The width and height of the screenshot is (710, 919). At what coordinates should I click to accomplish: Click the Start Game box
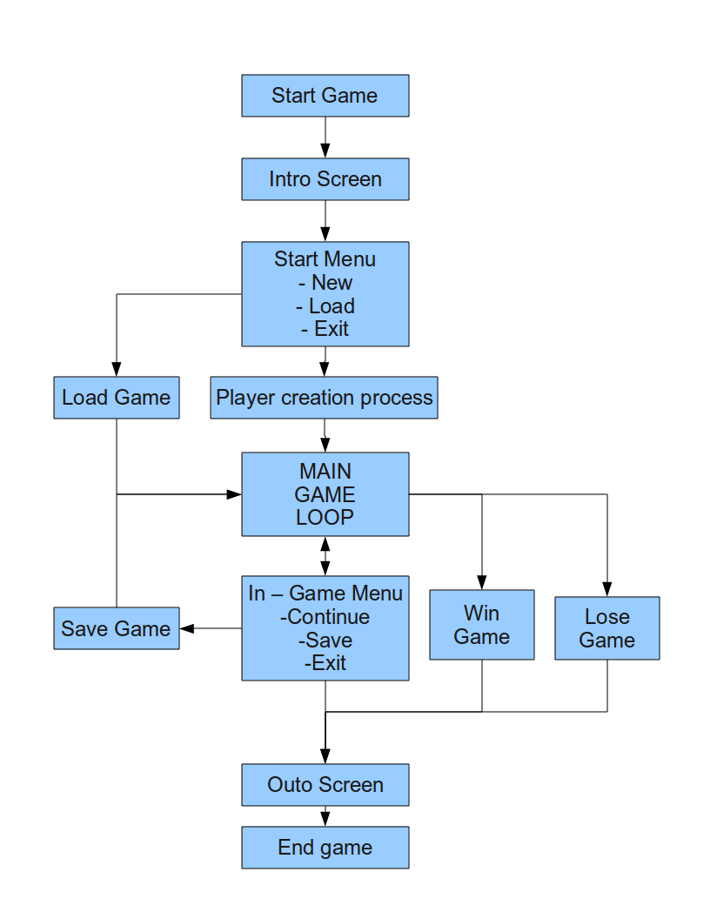click(325, 95)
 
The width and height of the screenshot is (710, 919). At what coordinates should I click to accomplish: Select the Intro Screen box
click(325, 179)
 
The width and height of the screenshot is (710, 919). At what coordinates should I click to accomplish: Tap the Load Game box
click(116, 398)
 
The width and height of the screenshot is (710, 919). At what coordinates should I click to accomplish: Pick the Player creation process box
click(325, 398)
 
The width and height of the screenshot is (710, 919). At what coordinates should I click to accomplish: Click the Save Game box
click(116, 628)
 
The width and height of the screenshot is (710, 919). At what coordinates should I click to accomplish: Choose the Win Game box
click(481, 625)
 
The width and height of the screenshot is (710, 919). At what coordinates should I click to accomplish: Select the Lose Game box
click(606, 628)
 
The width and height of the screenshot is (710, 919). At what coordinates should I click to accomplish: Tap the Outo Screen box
click(325, 784)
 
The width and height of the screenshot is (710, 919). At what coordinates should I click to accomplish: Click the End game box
click(325, 847)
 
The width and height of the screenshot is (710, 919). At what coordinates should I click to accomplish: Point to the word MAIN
click(325, 472)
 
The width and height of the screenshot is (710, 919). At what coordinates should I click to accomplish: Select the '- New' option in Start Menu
click(325, 282)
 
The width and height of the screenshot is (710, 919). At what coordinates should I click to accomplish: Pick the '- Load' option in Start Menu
click(325, 305)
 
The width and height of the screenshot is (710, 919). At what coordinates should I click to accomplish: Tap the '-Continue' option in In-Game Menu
click(325, 617)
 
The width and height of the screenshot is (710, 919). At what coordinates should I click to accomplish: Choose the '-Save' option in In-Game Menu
click(325, 640)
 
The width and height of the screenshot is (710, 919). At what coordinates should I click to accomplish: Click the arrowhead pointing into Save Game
click(186, 628)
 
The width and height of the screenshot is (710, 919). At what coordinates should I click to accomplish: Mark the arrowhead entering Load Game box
click(116, 369)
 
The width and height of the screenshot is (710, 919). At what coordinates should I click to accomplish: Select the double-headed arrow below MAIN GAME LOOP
click(325, 554)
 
